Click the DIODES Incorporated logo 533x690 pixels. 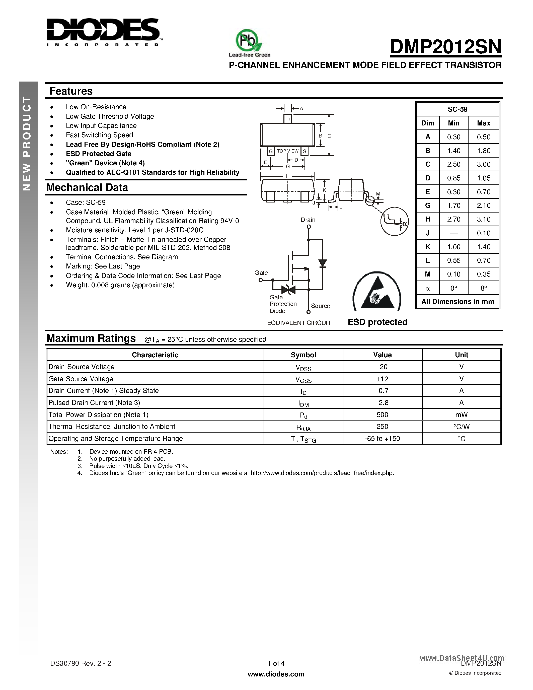pyautogui.click(x=104, y=32)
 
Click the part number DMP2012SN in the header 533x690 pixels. pyautogui.click(x=445, y=47)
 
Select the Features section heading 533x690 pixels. pyautogui.click(x=71, y=91)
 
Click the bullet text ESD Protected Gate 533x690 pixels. pyautogui.click(x=99, y=154)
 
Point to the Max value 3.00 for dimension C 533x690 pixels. pyautogui.click(x=483, y=165)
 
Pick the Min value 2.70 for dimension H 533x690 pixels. pyautogui.click(x=453, y=219)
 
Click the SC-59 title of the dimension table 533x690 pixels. pyautogui.click(x=457, y=109)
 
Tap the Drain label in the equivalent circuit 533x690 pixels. pyautogui.click(x=308, y=220)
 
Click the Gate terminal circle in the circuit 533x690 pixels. pyautogui.click(x=261, y=280)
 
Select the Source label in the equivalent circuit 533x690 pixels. pyautogui.click(x=320, y=306)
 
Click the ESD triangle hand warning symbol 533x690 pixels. pyautogui.click(x=377, y=292)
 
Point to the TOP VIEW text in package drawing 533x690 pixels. pyautogui.click(x=288, y=151)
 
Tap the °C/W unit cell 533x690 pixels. pyautogui.click(x=461, y=427)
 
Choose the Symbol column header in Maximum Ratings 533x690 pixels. pyautogui.click(x=303, y=355)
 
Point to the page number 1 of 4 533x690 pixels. pyautogui.click(x=276, y=663)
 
